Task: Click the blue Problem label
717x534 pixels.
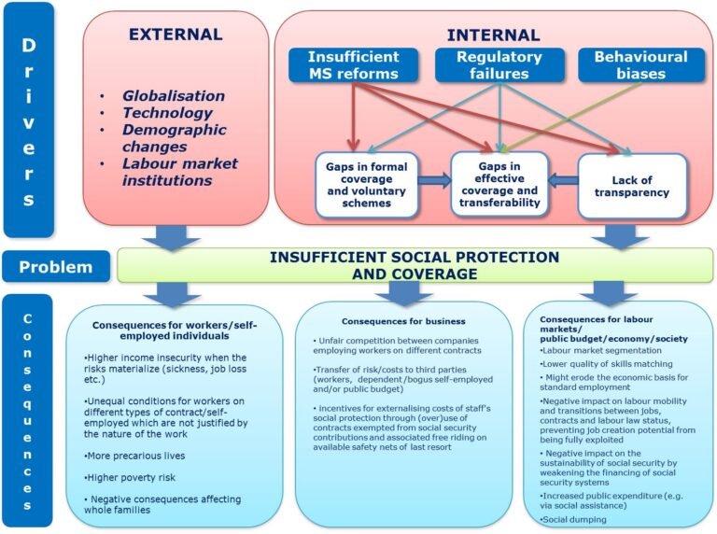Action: [x=55, y=267]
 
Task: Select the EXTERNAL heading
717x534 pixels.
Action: [x=176, y=35]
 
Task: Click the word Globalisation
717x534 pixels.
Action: [x=174, y=95]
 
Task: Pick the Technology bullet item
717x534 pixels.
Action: [x=167, y=112]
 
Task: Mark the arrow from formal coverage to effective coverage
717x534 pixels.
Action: [x=435, y=180]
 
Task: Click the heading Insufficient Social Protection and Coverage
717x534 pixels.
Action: [x=415, y=265]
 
